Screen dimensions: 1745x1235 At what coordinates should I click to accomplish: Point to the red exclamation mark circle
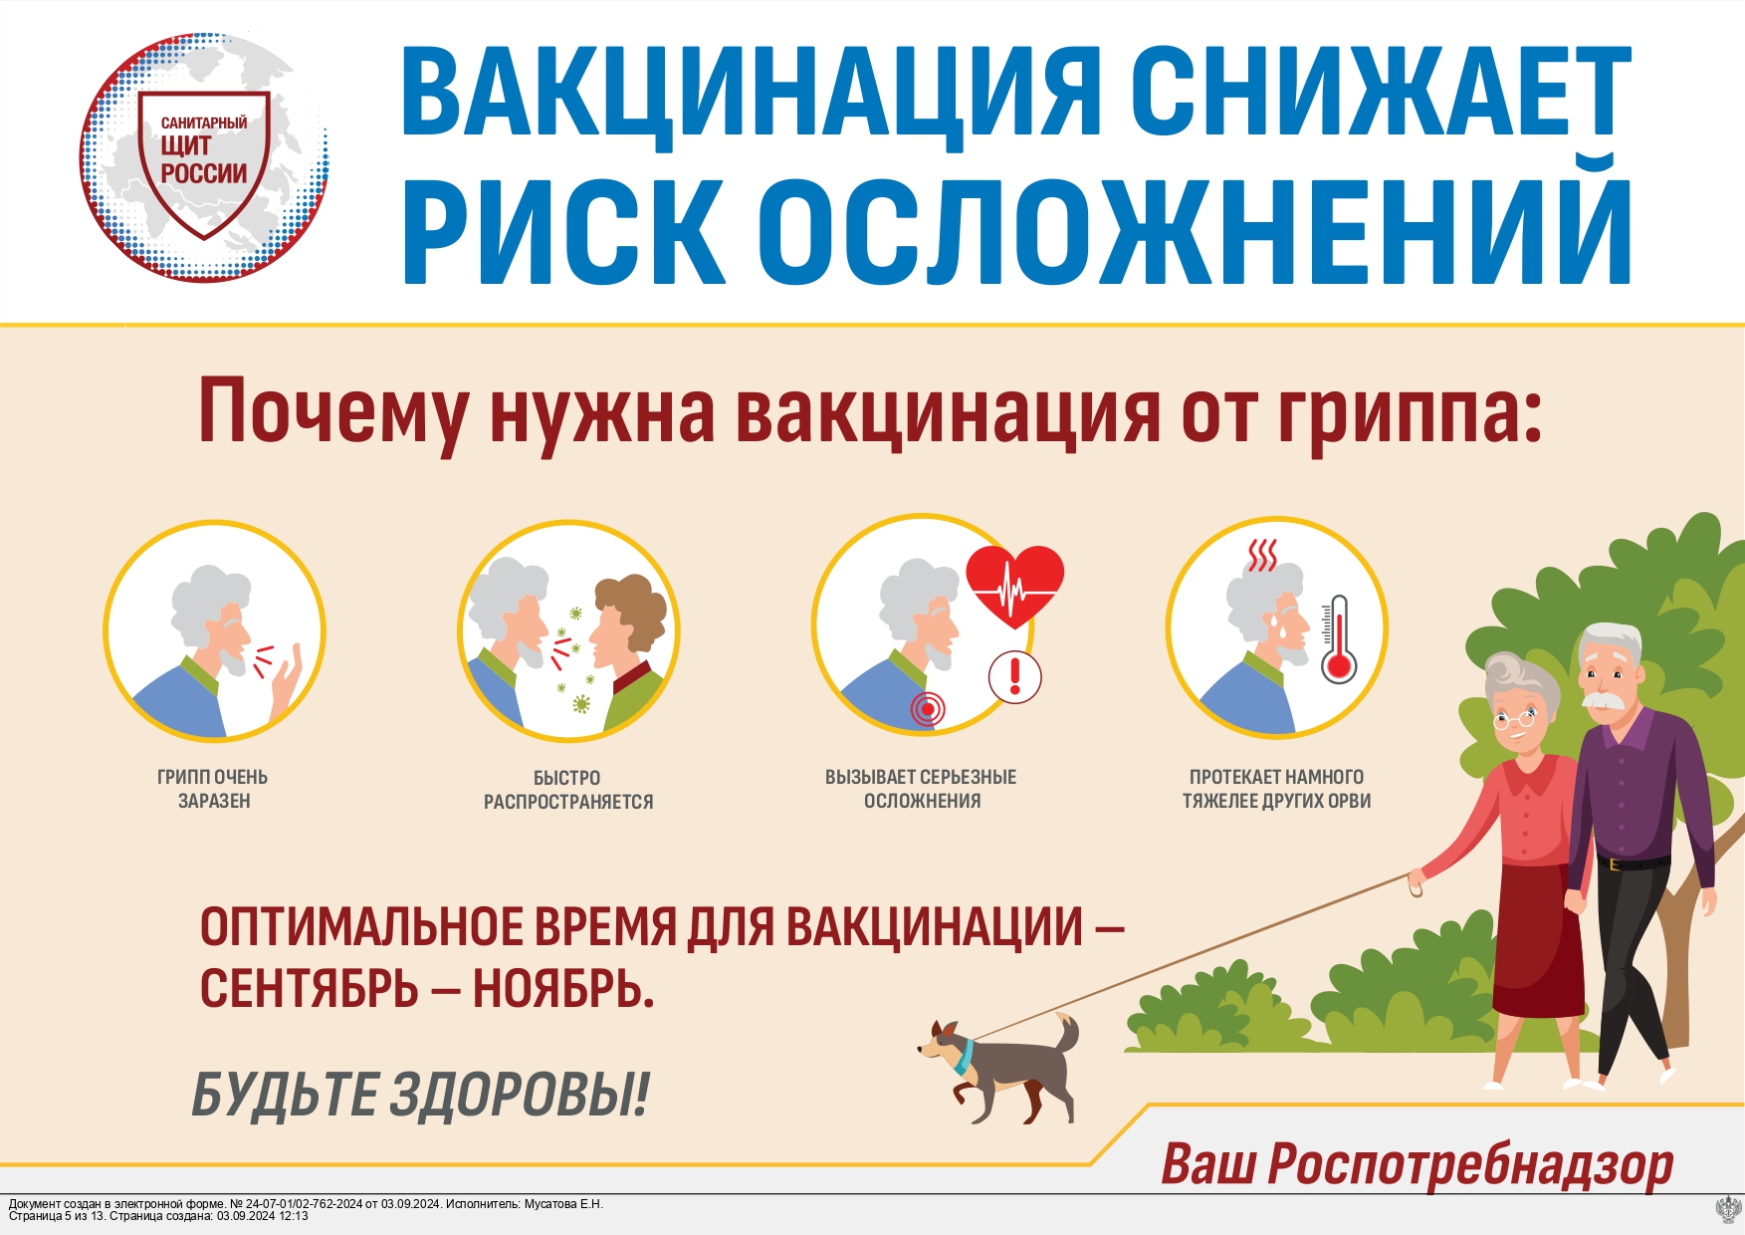pos(1014,677)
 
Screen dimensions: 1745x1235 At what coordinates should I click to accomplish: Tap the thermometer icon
pos(1339,639)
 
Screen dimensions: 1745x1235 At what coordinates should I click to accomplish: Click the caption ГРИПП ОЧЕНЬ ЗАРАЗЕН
pos(213,789)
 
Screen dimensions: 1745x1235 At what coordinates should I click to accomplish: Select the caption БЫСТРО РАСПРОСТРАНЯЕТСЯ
pos(568,790)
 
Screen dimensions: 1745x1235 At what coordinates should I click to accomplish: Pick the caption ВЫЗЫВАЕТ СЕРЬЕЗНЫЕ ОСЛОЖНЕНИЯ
pos(921,789)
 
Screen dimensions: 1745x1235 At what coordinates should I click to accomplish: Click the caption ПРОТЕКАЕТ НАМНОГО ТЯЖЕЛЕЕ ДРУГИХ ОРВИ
pos(1276,789)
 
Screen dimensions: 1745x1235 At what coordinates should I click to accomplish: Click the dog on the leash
pos(1000,1069)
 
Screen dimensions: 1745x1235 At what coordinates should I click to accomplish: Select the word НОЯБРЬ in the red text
pos(563,989)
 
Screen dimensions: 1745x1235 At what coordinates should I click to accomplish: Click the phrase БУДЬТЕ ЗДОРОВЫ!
pos(420,1095)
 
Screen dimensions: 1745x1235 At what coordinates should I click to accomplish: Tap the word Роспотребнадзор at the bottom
pos(1470,1164)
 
